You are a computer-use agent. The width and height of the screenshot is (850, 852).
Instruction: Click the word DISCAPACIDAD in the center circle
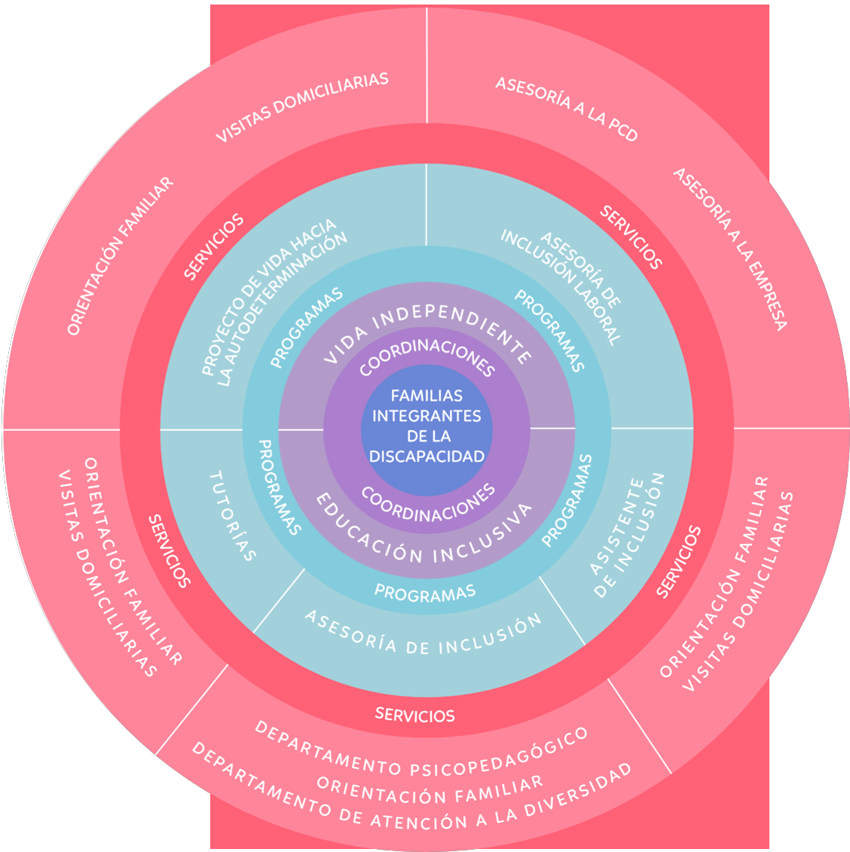pos(427,456)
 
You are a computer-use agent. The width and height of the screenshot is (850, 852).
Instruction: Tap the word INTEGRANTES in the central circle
pos(427,416)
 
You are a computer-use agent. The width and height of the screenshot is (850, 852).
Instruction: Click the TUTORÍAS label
pos(232,517)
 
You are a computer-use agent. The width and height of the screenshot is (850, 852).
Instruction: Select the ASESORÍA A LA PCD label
pos(567,109)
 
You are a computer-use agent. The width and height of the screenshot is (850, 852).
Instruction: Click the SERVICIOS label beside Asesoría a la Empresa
pos(631,237)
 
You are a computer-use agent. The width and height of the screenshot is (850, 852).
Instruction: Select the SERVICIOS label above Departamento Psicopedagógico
pos(415,714)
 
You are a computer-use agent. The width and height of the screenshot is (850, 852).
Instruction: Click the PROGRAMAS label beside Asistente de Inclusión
pos(567,500)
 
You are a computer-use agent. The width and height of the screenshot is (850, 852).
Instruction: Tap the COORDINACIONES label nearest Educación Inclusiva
pos(428,503)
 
